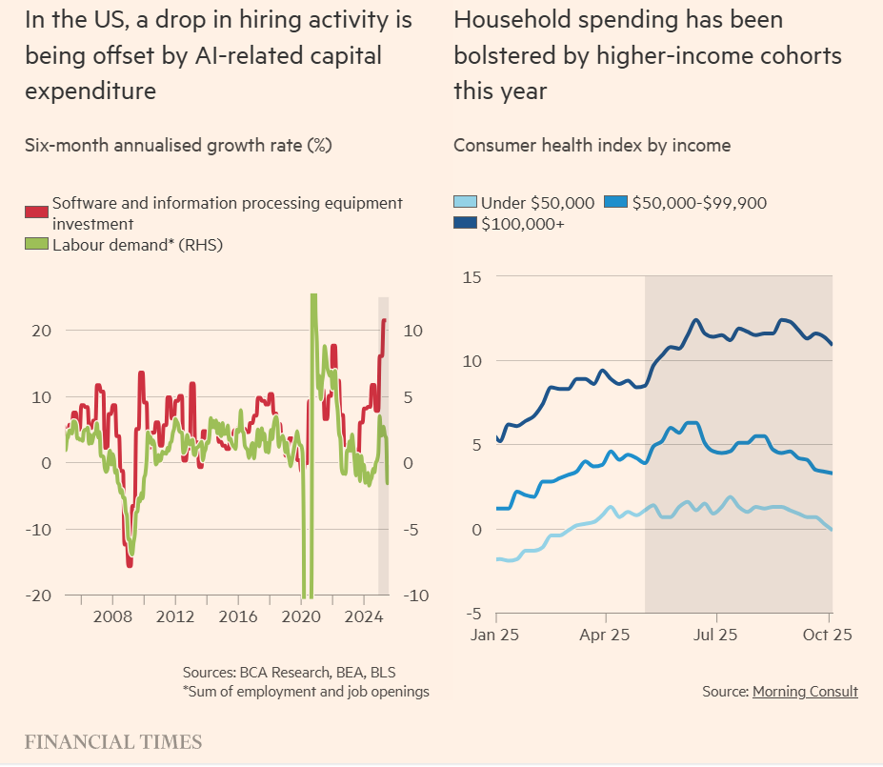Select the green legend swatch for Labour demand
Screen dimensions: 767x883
36,245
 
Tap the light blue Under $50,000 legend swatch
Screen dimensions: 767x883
465,203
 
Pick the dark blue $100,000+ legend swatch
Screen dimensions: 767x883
465,224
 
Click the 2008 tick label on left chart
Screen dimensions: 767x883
112,616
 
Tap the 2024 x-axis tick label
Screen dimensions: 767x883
363,616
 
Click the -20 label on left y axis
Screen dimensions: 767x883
38,595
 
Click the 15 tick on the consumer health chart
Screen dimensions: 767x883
472,277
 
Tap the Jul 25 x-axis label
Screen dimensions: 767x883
716,634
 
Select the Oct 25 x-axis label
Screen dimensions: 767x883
828,634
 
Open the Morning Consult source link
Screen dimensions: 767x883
805,692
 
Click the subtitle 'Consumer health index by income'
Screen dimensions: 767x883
592,146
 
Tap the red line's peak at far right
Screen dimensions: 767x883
384,320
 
